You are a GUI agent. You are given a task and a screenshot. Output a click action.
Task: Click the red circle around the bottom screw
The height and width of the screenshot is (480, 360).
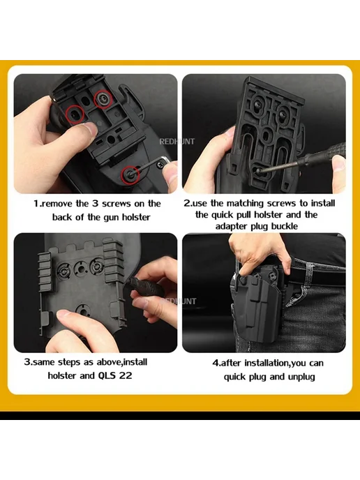point(130,175)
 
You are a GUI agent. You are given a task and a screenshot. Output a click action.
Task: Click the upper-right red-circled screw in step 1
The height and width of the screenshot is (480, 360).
point(103,99)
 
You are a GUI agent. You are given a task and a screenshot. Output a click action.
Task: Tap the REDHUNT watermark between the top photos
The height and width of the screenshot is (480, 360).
point(177,142)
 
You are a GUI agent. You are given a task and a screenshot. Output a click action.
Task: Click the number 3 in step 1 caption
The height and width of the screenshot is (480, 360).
point(95,204)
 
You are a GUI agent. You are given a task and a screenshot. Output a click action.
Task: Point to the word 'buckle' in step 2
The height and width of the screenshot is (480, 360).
point(285,226)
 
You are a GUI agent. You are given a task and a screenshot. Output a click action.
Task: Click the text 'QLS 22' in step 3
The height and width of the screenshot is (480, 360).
point(115,375)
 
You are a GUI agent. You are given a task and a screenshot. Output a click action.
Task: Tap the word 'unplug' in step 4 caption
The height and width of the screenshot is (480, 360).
point(301,377)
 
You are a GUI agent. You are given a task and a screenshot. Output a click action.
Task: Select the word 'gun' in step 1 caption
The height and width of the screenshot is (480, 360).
point(111,218)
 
